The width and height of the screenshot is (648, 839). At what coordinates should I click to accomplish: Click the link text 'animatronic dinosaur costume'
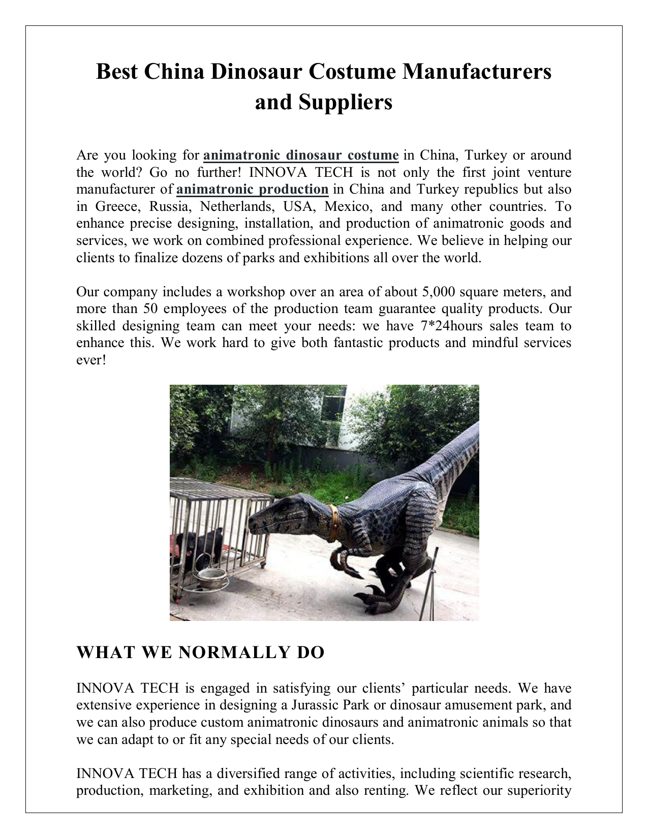(300, 154)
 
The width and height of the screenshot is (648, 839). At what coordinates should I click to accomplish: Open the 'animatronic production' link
(253, 189)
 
